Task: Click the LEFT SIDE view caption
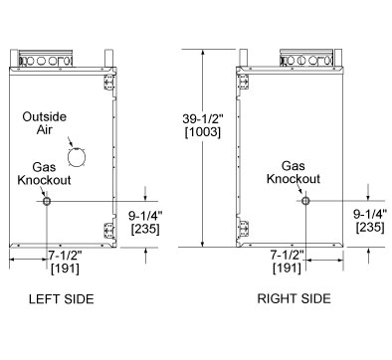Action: tap(62, 299)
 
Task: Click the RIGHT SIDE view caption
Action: tap(294, 298)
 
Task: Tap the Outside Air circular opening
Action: tap(77, 156)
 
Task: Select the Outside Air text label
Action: tap(45, 123)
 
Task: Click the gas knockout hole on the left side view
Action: tap(47, 201)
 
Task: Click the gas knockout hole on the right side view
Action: tap(305, 201)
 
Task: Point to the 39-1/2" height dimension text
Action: tap(203, 118)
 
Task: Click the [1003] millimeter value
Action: tap(203, 132)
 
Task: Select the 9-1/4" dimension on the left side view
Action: tap(145, 216)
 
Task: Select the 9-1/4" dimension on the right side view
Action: tap(370, 214)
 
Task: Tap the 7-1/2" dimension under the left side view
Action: tap(65, 256)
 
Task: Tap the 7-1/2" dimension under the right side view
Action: tap(288, 255)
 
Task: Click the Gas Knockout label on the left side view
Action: tap(44, 173)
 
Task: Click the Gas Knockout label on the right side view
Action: tap(294, 172)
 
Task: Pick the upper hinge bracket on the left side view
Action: tap(109, 82)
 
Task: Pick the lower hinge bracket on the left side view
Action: tap(109, 230)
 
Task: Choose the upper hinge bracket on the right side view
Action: tap(244, 82)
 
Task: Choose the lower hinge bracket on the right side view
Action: tap(244, 229)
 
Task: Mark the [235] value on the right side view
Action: tap(370, 228)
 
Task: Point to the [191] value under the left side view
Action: tap(65, 269)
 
